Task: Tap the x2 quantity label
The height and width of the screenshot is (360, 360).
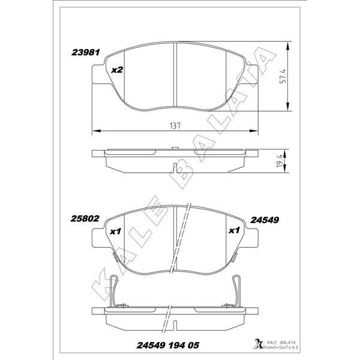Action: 117,70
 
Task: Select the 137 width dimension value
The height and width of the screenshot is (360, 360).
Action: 175,125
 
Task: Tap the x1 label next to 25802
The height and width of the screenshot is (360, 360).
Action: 117,230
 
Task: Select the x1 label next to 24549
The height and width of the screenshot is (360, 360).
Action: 235,230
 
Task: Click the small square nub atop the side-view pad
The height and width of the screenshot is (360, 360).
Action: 175,148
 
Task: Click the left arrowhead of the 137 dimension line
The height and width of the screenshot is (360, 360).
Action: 93,131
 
